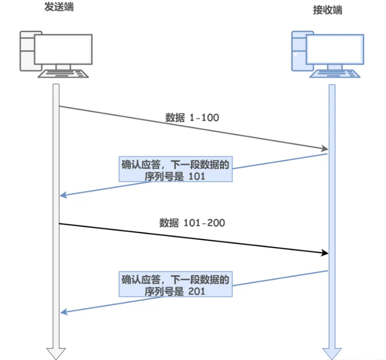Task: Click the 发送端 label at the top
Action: click(58, 7)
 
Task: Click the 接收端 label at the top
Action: click(327, 10)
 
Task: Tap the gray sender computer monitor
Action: click(63, 49)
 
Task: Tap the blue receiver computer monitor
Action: click(335, 50)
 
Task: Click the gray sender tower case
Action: click(27, 51)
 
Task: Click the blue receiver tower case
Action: click(298, 51)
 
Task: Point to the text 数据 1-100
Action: click(192, 118)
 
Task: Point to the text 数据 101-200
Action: click(192, 223)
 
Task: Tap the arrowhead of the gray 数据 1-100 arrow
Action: click(324, 149)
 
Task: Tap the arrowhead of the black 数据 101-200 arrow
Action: click(324, 253)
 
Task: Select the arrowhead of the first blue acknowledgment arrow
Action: click(63, 195)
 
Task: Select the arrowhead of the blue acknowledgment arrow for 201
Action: click(63, 311)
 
